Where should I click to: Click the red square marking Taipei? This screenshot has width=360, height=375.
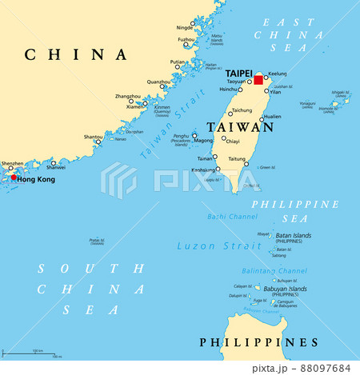click(x=258, y=80)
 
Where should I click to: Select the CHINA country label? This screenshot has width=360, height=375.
click(x=76, y=55)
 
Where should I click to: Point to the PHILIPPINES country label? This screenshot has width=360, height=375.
click(x=258, y=342)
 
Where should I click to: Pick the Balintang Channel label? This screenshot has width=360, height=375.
click(x=279, y=271)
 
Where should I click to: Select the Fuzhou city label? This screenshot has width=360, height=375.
click(x=186, y=39)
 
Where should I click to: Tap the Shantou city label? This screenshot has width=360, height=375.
click(x=93, y=137)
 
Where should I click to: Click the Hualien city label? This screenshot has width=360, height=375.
click(x=272, y=117)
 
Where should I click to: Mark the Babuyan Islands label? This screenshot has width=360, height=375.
click(x=293, y=289)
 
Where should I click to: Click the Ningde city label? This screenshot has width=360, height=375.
click(x=185, y=27)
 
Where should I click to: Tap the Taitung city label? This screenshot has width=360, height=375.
click(x=237, y=160)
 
